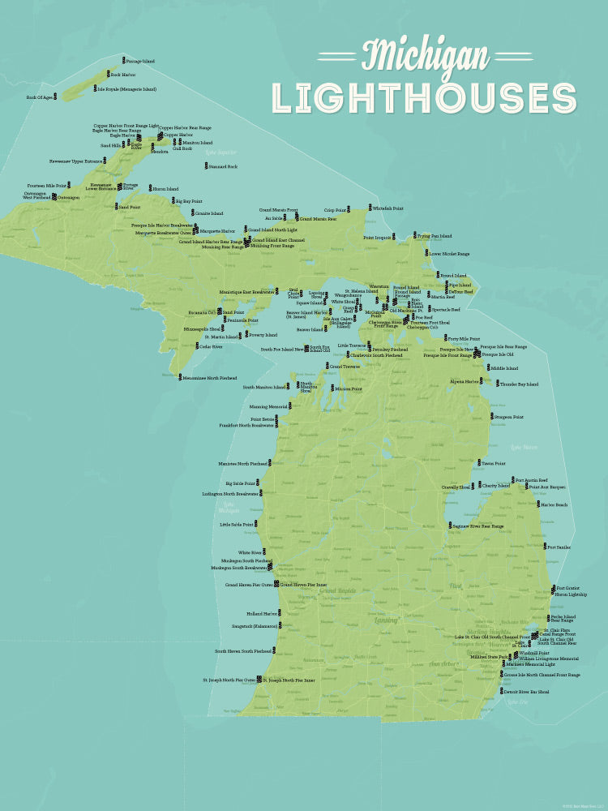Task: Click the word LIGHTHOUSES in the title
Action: point(424,98)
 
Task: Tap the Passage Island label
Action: point(141,61)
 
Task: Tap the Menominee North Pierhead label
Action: point(210,377)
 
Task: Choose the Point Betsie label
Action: point(263,419)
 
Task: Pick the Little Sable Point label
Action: point(238,524)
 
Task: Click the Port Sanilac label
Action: point(559,547)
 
